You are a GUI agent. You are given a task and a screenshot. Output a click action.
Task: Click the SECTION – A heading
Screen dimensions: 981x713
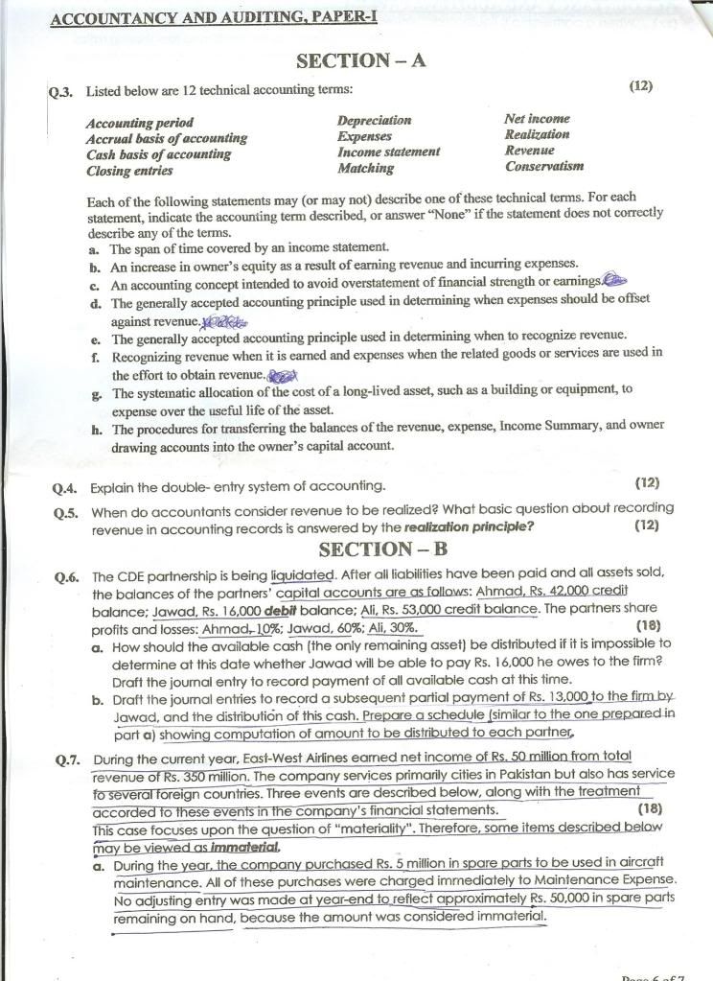(x=361, y=61)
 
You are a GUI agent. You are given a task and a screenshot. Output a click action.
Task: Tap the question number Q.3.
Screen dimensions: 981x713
(x=63, y=92)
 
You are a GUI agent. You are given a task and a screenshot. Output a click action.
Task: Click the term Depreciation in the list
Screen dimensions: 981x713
(x=374, y=121)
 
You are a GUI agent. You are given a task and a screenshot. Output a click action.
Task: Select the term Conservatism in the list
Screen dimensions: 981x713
(x=543, y=166)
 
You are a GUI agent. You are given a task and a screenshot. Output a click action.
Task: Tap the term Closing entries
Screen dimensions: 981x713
(x=129, y=171)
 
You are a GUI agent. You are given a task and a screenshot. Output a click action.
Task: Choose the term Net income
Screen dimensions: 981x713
(x=537, y=119)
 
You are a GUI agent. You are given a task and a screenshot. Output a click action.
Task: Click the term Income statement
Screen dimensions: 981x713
(x=388, y=152)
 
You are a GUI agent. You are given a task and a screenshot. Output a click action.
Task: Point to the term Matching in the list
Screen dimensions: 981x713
(x=365, y=168)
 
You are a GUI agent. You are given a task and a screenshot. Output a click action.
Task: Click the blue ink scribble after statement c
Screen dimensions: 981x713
(x=613, y=280)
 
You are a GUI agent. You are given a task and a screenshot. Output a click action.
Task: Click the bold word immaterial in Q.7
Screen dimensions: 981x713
(x=240, y=847)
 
